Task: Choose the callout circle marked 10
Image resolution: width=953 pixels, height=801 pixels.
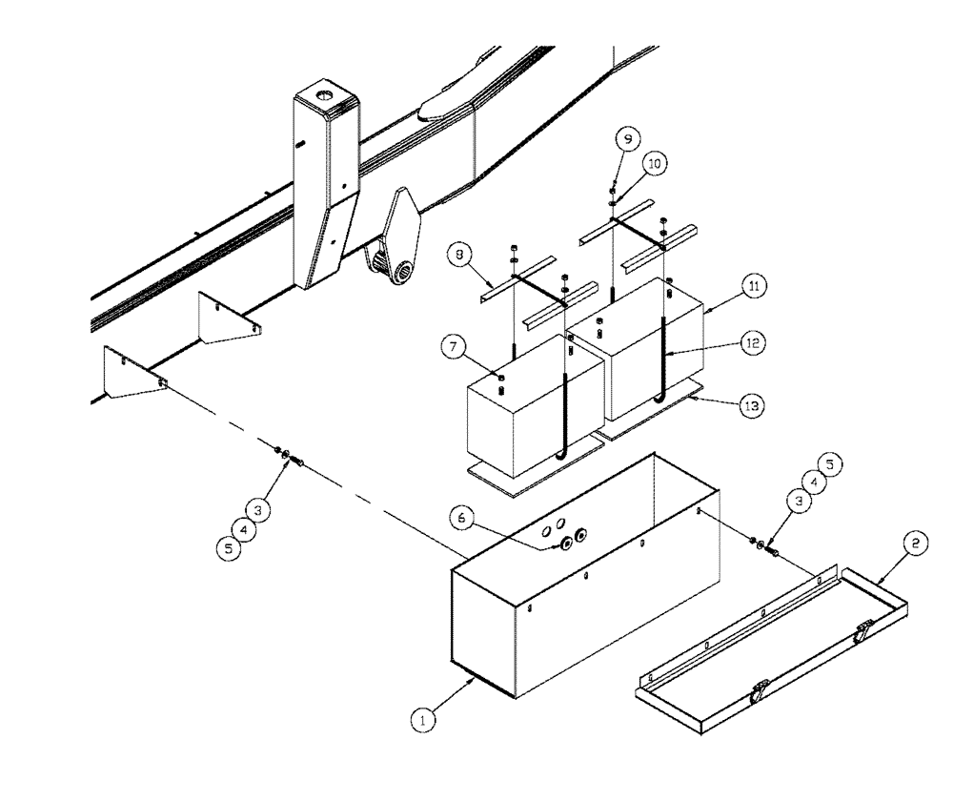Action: pyautogui.click(x=654, y=164)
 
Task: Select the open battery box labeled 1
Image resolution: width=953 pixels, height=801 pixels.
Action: pyautogui.click(x=572, y=610)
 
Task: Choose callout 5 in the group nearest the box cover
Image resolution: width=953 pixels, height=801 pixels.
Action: pyautogui.click(x=828, y=464)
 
